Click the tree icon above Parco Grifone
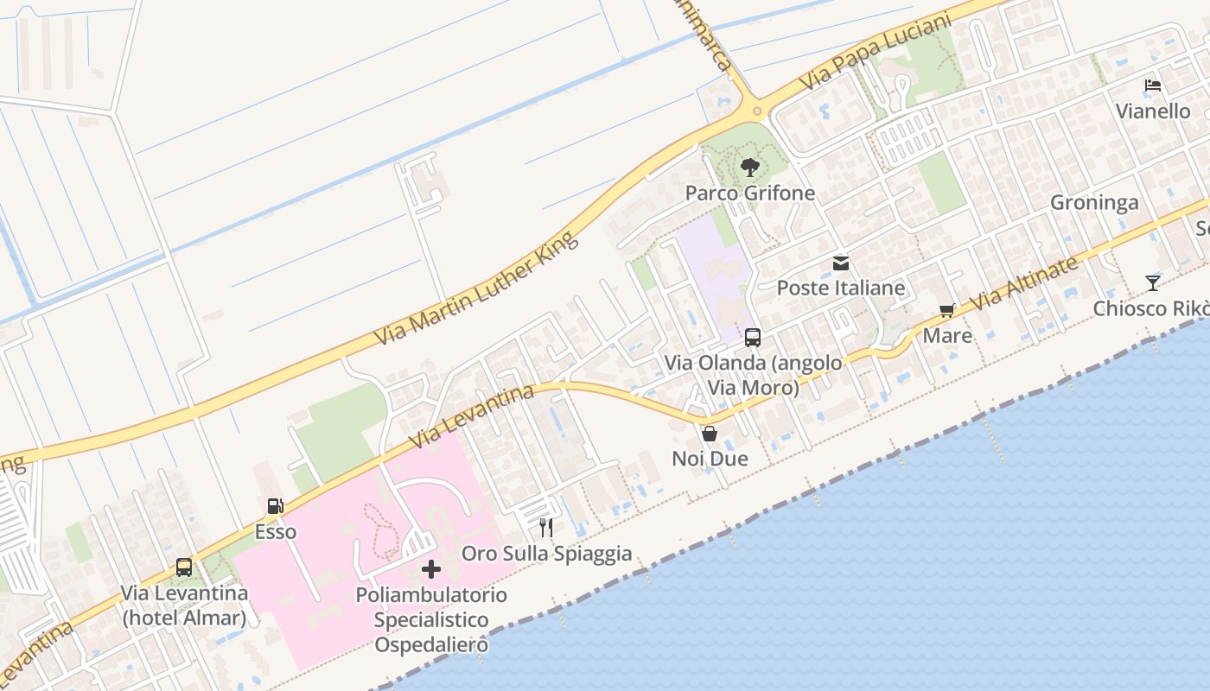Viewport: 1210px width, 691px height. (750, 168)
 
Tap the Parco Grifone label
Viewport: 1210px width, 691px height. (750, 193)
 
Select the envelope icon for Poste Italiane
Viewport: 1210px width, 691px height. (841, 263)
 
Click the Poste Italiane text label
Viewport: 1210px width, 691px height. (841, 288)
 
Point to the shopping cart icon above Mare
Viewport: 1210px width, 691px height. (947, 311)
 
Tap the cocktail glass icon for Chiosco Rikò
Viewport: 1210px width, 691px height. (1152, 282)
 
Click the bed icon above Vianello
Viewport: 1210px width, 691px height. (1152, 86)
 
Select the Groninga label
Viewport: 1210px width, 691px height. (1094, 203)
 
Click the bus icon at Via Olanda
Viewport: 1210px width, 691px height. (753, 338)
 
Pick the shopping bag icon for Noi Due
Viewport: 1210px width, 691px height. (710, 434)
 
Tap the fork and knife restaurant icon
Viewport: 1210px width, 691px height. (546, 527)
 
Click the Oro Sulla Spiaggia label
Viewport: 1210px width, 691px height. (547, 554)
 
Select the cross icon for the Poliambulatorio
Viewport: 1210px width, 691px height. (431, 569)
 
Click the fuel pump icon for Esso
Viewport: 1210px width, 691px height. (275, 507)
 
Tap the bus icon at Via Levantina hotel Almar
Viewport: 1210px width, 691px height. (184, 567)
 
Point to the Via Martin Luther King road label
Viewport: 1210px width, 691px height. (476, 288)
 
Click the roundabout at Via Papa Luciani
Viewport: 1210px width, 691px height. (757, 111)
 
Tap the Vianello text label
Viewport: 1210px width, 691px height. (1153, 111)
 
